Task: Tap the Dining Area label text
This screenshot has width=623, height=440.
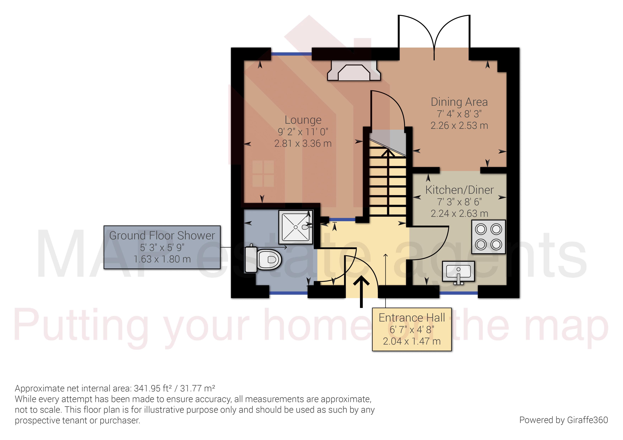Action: [459, 102]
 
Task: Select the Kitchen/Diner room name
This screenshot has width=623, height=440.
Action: [459, 190]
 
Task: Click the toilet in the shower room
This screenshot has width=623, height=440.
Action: [263, 259]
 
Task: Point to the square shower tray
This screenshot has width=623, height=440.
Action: [296, 227]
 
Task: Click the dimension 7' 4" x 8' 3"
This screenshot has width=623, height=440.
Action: [459, 114]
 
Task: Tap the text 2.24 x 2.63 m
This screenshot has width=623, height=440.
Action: [459, 214]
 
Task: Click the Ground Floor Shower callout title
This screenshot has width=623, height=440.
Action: [162, 235]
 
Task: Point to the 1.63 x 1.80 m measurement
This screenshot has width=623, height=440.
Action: [162, 259]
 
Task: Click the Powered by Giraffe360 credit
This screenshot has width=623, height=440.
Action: [563, 420]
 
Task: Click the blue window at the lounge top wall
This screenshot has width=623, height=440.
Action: [291, 54]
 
